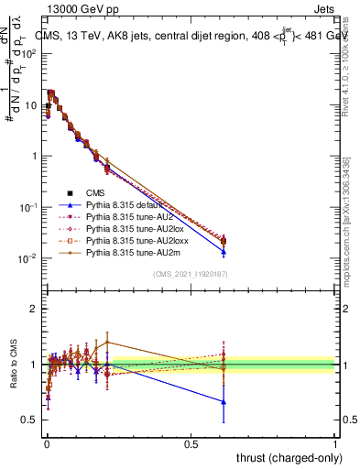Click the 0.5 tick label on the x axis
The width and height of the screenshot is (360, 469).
click(x=191, y=443)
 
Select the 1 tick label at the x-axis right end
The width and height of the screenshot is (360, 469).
click(x=335, y=443)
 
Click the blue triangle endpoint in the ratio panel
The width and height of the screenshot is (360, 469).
click(x=224, y=402)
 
